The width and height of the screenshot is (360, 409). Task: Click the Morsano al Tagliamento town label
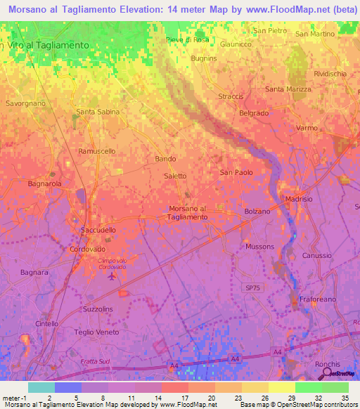tap(188, 212)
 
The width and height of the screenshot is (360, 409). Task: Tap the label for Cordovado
tap(87, 249)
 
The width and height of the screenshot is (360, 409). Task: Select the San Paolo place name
tap(236, 172)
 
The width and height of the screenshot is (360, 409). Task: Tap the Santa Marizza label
tap(287, 89)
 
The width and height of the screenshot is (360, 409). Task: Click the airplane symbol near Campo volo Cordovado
tap(112, 275)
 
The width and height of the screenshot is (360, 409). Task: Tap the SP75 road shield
tap(252, 288)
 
